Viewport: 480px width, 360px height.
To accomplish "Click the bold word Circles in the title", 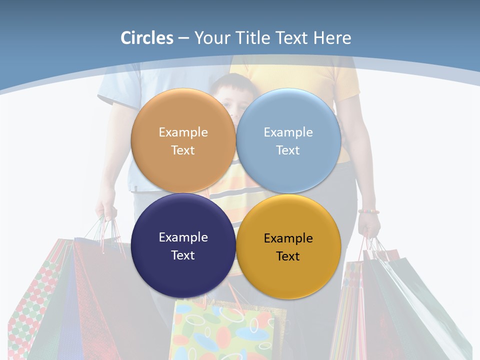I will pyautogui.click(x=147, y=38).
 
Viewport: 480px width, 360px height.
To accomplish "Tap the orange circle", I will pyautogui.click(x=183, y=140).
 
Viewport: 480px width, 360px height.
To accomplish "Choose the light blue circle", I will pyautogui.click(x=288, y=140).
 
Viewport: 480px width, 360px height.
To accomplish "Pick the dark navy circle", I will pyautogui.click(x=183, y=245).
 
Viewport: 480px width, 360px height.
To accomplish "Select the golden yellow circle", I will pyautogui.click(x=288, y=246).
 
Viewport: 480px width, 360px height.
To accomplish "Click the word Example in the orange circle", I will pyautogui.click(x=183, y=132).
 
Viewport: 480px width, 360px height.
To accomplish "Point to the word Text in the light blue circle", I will pyautogui.click(x=288, y=150).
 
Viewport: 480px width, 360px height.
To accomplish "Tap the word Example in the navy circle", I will pyautogui.click(x=183, y=237).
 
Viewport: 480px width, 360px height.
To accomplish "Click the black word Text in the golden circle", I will pyautogui.click(x=288, y=256).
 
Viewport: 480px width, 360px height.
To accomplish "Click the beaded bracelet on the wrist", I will pyautogui.click(x=368, y=211).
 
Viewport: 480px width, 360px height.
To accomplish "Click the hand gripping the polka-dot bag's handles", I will pyautogui.click(x=106, y=210).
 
